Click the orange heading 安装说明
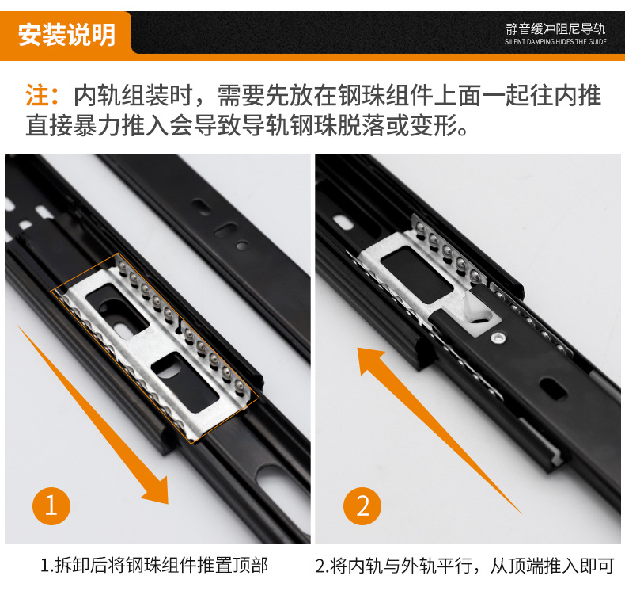[66, 35]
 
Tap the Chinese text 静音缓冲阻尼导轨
[555, 29]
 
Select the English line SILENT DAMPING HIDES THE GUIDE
[555, 41]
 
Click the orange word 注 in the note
[38, 95]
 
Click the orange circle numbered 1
[51, 505]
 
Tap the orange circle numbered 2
[362, 506]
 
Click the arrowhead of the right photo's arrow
[369, 359]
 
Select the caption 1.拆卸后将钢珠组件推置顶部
[153, 565]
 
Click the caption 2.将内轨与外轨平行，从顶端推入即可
[464, 566]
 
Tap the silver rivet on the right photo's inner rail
[498, 338]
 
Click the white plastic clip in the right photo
[479, 308]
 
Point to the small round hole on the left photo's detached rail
[241, 245]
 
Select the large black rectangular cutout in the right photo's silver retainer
[415, 273]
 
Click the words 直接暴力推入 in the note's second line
[97, 125]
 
